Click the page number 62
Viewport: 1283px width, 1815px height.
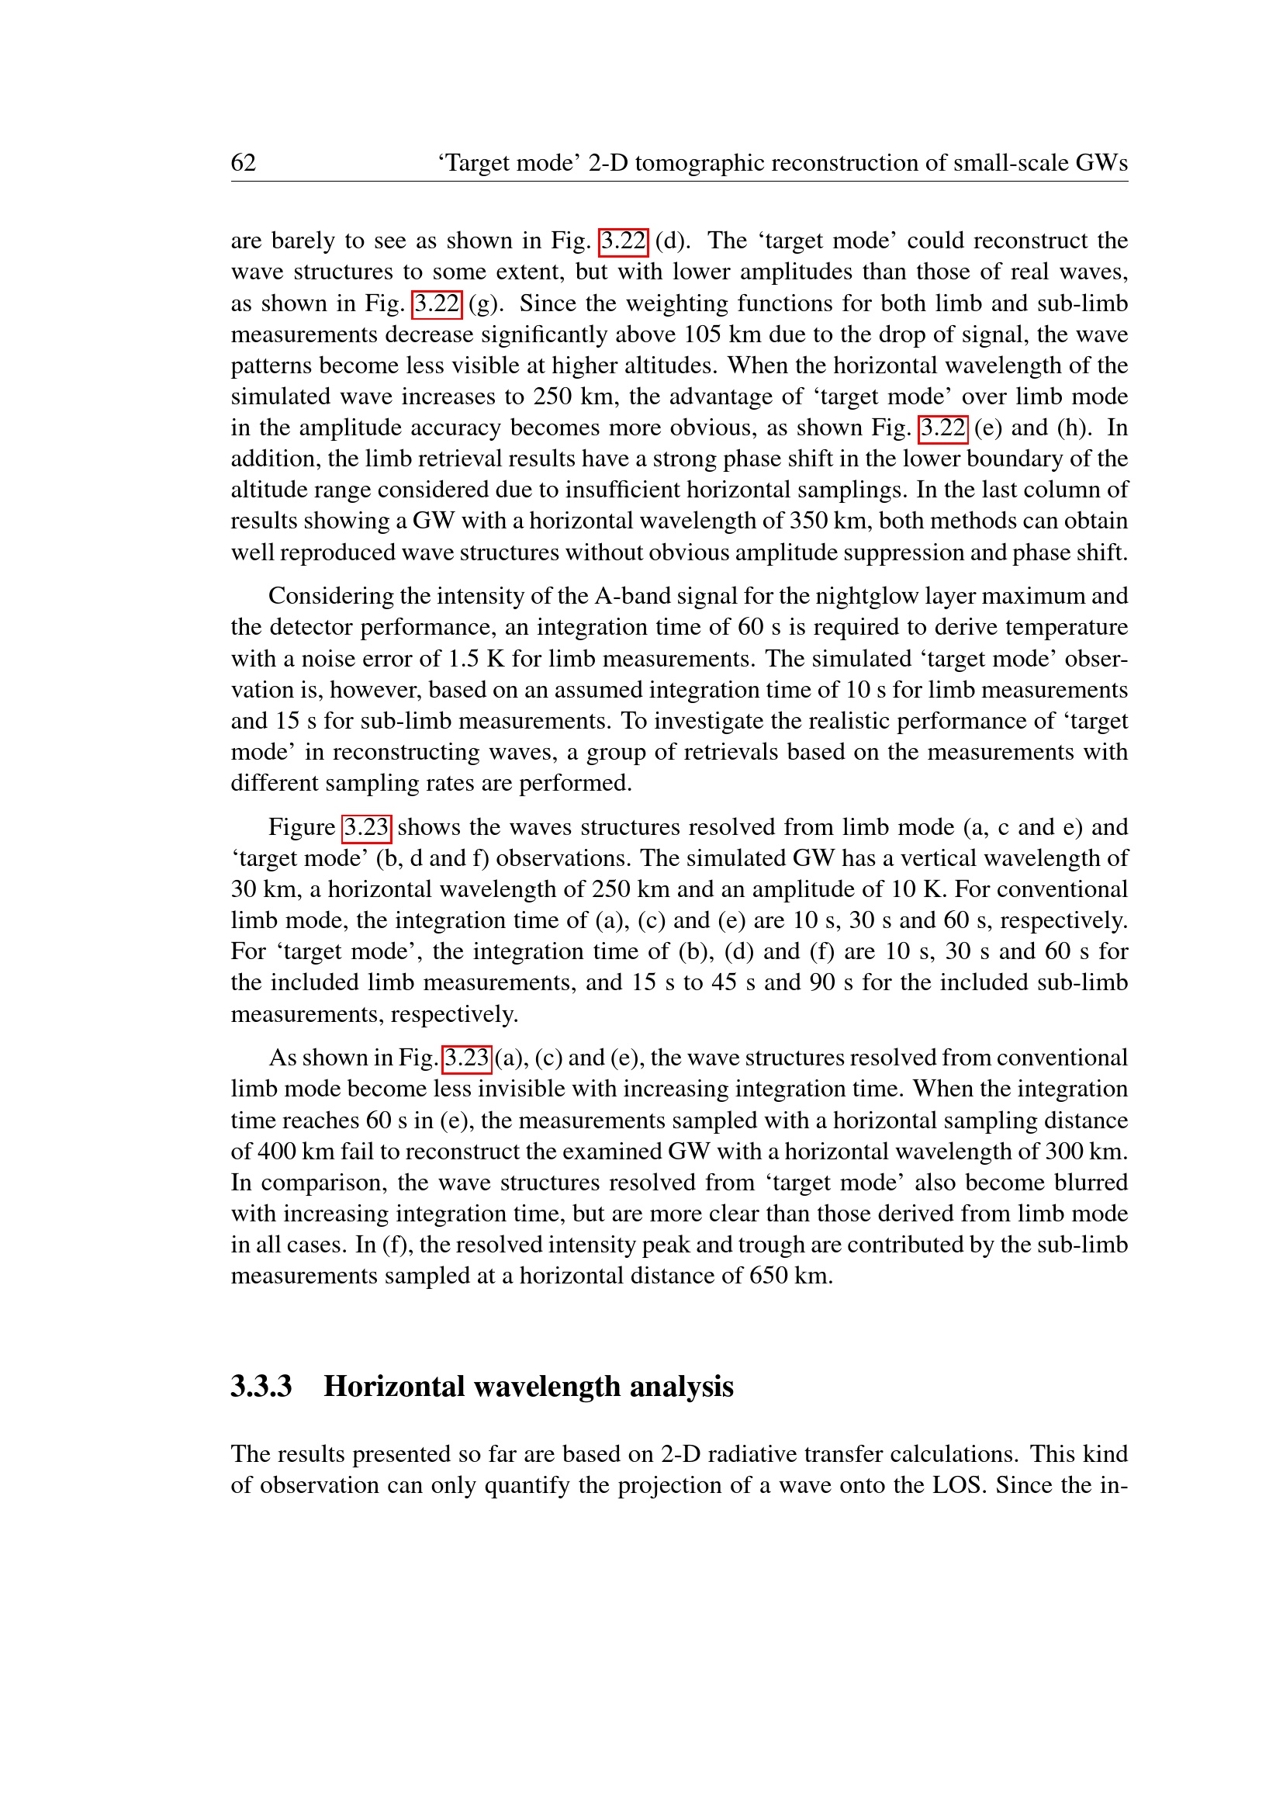tap(244, 163)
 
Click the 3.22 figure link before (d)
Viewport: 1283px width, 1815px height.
tap(624, 241)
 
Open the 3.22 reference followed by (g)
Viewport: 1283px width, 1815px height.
tap(437, 303)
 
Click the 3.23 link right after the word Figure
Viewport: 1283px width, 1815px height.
tap(367, 828)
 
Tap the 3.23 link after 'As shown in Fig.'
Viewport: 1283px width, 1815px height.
tap(467, 1058)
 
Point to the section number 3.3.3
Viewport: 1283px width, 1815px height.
tap(261, 1387)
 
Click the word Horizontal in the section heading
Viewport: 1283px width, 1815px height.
tap(394, 1387)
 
